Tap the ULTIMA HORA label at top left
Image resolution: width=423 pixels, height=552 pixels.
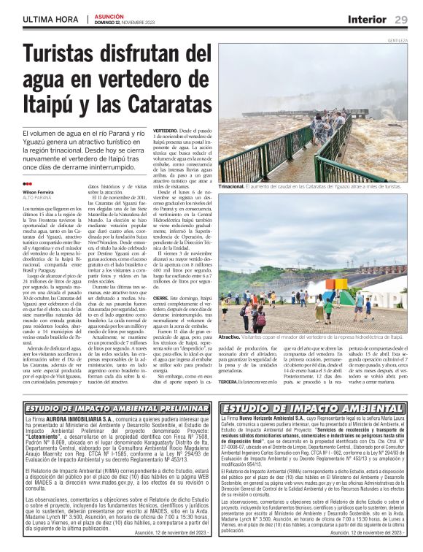[50, 20]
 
